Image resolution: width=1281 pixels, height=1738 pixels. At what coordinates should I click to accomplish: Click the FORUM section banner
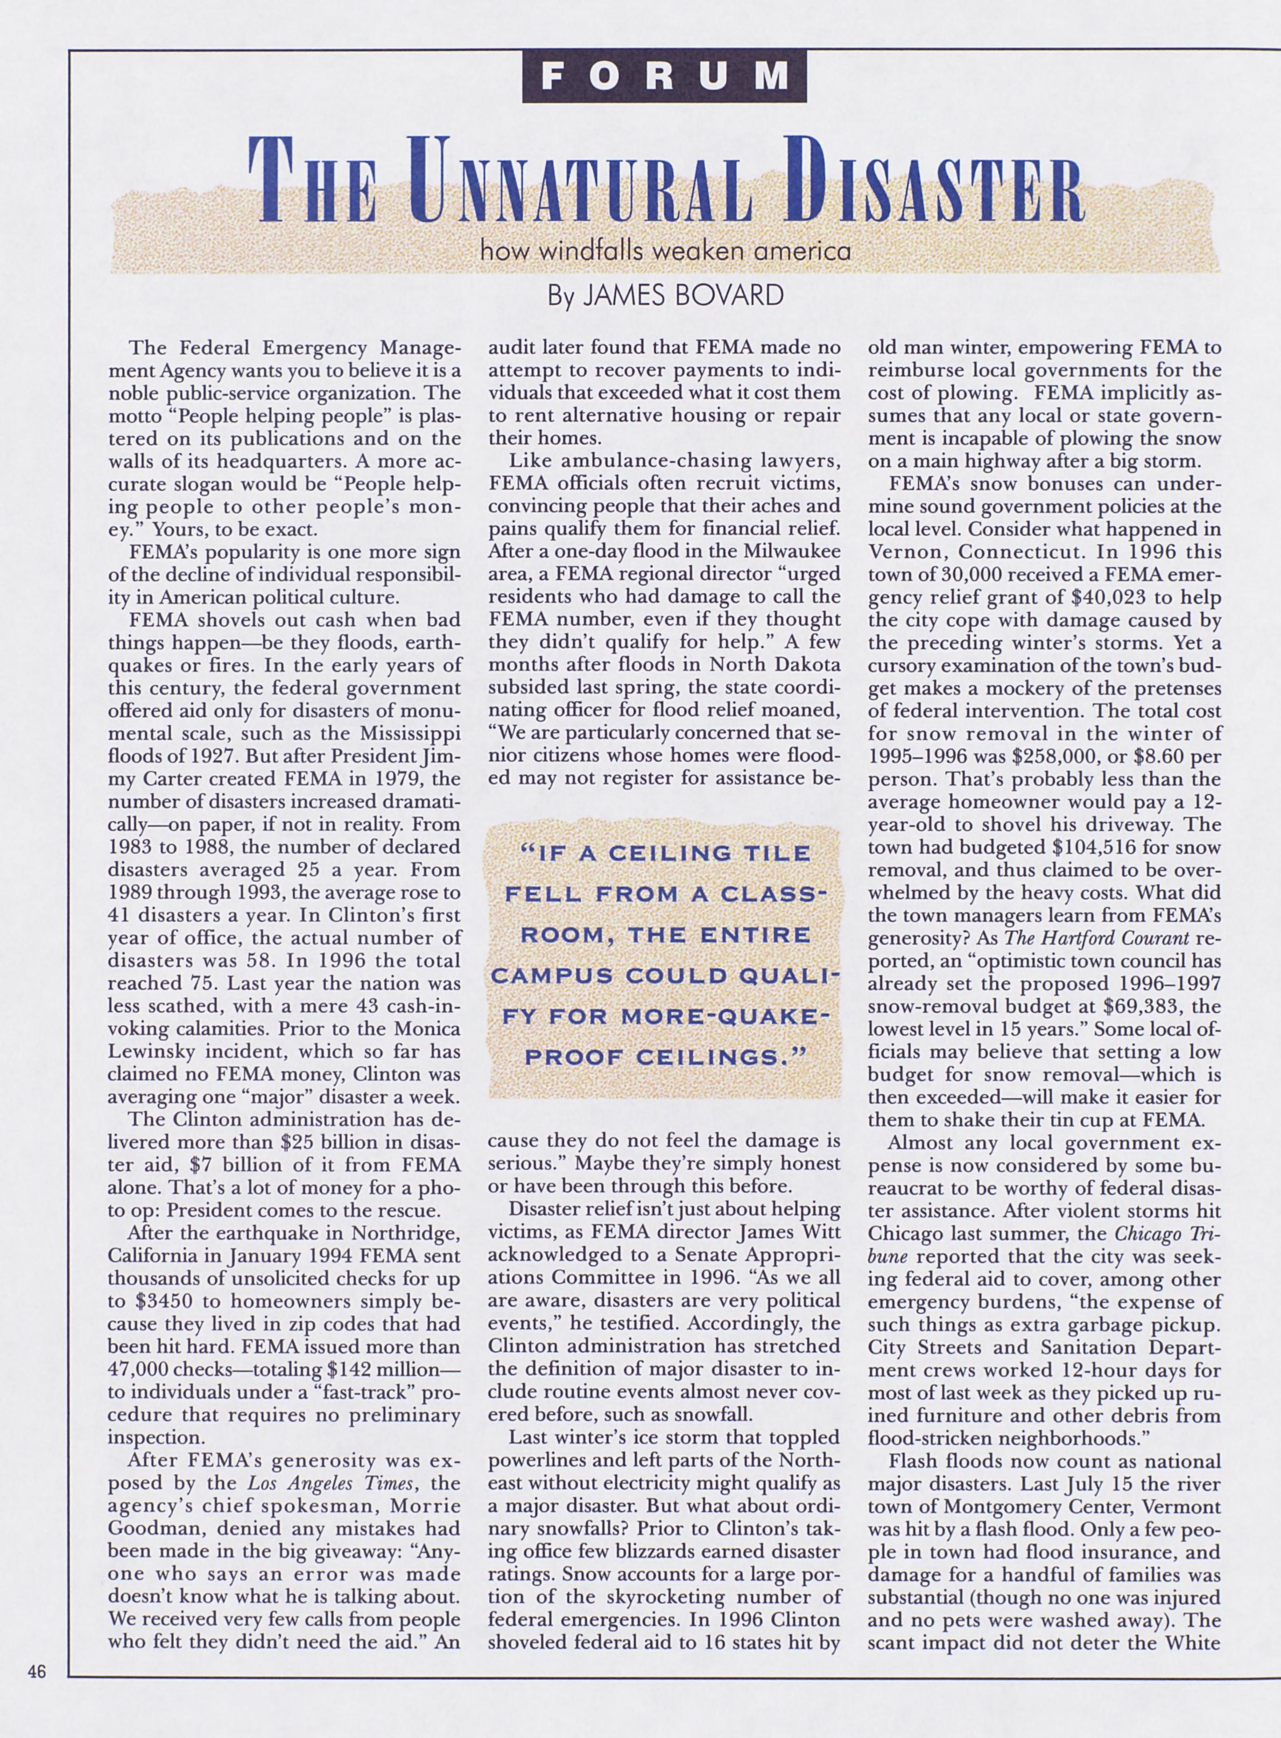[665, 76]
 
